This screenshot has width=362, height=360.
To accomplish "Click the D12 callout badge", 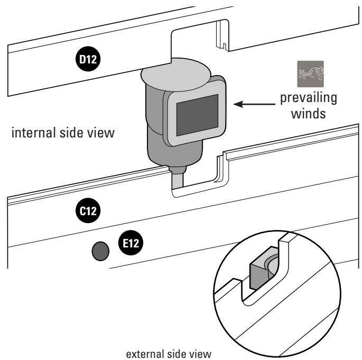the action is click(x=88, y=59).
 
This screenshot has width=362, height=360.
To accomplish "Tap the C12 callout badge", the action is click(x=88, y=210).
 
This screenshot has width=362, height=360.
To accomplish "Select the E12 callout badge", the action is click(x=131, y=243).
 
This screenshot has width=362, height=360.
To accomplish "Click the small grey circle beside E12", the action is click(x=100, y=251).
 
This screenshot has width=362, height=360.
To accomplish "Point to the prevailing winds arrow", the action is click(x=254, y=104).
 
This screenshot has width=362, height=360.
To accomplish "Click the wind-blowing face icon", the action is click(x=311, y=74).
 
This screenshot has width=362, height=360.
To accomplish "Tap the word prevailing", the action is click(x=309, y=98).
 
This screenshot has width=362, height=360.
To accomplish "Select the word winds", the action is click(x=309, y=114).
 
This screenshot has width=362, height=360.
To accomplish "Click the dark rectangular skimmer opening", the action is click(x=198, y=115).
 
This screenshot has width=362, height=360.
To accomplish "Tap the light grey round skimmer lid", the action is click(x=176, y=74).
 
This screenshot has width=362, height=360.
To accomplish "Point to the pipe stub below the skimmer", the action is click(x=178, y=179).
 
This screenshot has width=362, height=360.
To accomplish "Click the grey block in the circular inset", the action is click(x=258, y=270).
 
